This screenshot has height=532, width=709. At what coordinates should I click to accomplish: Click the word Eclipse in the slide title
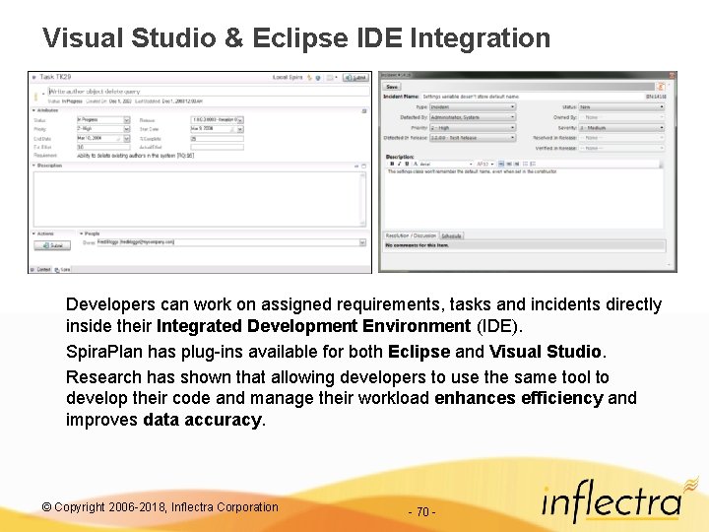299,38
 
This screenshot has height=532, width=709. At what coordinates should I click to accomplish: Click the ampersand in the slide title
233,38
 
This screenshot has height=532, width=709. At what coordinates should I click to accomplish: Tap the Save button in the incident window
393,86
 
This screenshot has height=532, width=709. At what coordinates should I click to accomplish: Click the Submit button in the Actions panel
54,244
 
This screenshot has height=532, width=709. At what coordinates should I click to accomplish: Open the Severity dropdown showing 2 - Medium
621,127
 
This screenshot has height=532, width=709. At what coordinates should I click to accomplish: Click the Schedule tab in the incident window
452,236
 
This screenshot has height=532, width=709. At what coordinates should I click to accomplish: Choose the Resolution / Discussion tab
411,236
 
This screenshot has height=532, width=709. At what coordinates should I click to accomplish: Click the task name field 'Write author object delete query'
89,91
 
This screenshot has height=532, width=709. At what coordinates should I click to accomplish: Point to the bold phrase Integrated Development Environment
313,326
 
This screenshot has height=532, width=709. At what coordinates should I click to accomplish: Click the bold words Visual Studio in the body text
545,352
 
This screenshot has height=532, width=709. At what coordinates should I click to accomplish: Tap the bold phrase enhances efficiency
518,398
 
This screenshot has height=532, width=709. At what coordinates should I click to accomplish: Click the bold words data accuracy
203,420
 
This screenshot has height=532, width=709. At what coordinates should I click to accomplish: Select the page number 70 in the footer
422,511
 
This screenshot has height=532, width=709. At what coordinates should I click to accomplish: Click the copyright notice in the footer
160,507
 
